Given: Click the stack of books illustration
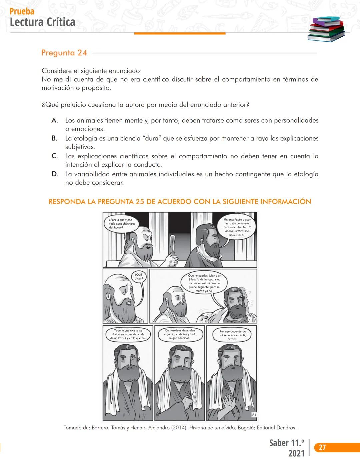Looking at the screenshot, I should [326, 29].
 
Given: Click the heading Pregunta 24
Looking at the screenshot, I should [64, 53].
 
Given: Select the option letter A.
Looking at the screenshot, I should [55, 121].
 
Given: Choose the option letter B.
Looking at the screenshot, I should [54, 138].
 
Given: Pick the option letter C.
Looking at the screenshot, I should [55, 156].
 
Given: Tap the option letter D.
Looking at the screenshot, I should [55, 174].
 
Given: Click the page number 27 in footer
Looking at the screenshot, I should [322, 447].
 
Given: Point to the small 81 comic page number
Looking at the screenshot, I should [254, 415].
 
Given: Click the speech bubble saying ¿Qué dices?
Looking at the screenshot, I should [139, 277].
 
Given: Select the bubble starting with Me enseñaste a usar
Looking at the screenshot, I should [237, 227].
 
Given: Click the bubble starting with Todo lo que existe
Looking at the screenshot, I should [128, 334].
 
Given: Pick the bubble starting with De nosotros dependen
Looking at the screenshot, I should [180, 334].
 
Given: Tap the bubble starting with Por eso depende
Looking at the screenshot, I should [232, 335].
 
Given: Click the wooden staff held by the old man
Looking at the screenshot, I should [172, 247].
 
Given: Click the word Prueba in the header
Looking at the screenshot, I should [22, 11].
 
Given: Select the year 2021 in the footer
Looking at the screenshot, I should [296, 453].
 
